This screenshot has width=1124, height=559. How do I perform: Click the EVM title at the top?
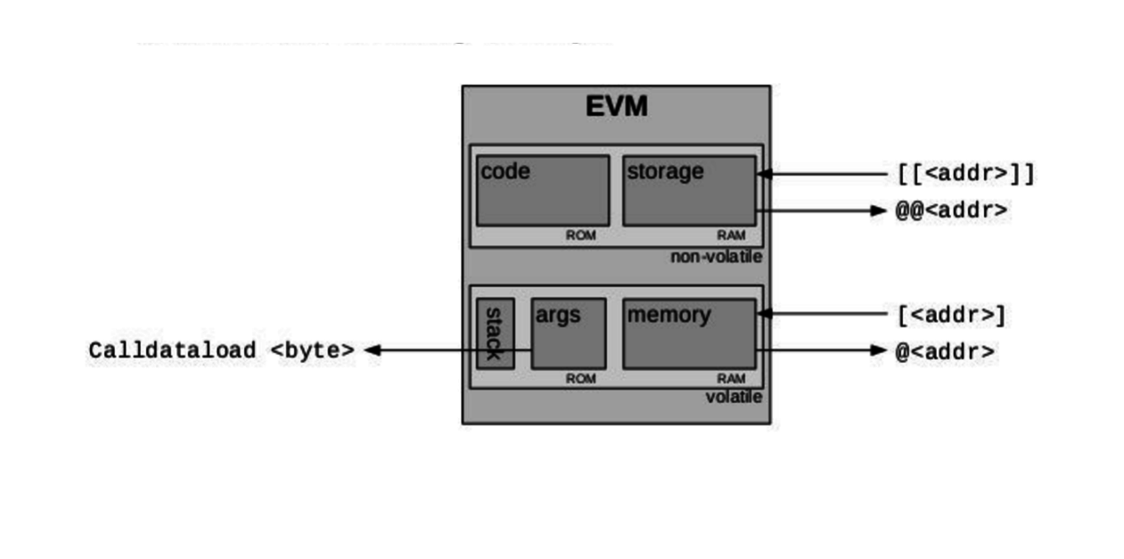click(x=616, y=107)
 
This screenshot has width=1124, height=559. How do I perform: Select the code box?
click(x=542, y=191)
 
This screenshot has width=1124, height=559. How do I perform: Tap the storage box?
click(x=688, y=191)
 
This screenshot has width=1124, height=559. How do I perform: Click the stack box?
click(x=495, y=333)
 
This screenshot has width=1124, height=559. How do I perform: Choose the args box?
click(x=568, y=333)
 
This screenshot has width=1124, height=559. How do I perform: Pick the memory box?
click(x=688, y=333)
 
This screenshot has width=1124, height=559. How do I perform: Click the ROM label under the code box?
click(x=580, y=235)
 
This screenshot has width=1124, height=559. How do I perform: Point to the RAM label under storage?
click(x=731, y=235)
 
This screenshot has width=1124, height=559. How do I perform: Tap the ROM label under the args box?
click(x=580, y=378)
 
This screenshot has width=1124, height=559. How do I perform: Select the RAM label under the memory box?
click(x=731, y=378)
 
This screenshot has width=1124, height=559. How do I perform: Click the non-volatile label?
click(x=716, y=257)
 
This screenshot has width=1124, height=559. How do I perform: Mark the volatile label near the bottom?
click(x=734, y=398)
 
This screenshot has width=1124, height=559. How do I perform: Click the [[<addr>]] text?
click(x=966, y=174)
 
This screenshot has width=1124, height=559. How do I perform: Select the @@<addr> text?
click(x=952, y=210)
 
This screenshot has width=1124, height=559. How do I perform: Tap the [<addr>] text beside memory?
click(x=952, y=315)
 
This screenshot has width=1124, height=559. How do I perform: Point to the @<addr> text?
click(x=945, y=351)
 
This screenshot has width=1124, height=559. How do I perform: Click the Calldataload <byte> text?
click(x=221, y=350)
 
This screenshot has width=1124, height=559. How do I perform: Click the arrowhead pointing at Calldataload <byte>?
click(x=373, y=350)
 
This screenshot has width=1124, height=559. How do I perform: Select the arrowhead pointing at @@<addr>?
click(x=878, y=210)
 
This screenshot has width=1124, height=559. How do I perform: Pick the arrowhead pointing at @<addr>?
click(x=878, y=350)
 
